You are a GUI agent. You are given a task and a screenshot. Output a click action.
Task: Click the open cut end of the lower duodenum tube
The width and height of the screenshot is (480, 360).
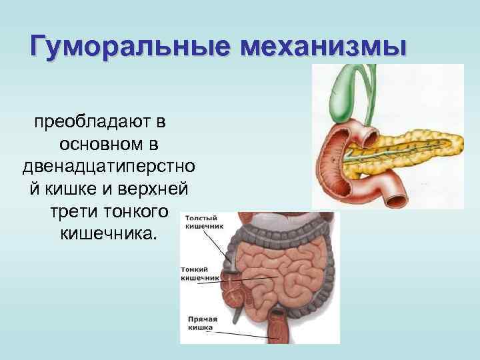tap(399, 198)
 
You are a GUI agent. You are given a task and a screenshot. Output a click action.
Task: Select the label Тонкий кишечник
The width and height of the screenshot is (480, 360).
tap(199, 273)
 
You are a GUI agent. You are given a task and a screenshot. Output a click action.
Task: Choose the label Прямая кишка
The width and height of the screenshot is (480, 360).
tap(200, 323)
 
